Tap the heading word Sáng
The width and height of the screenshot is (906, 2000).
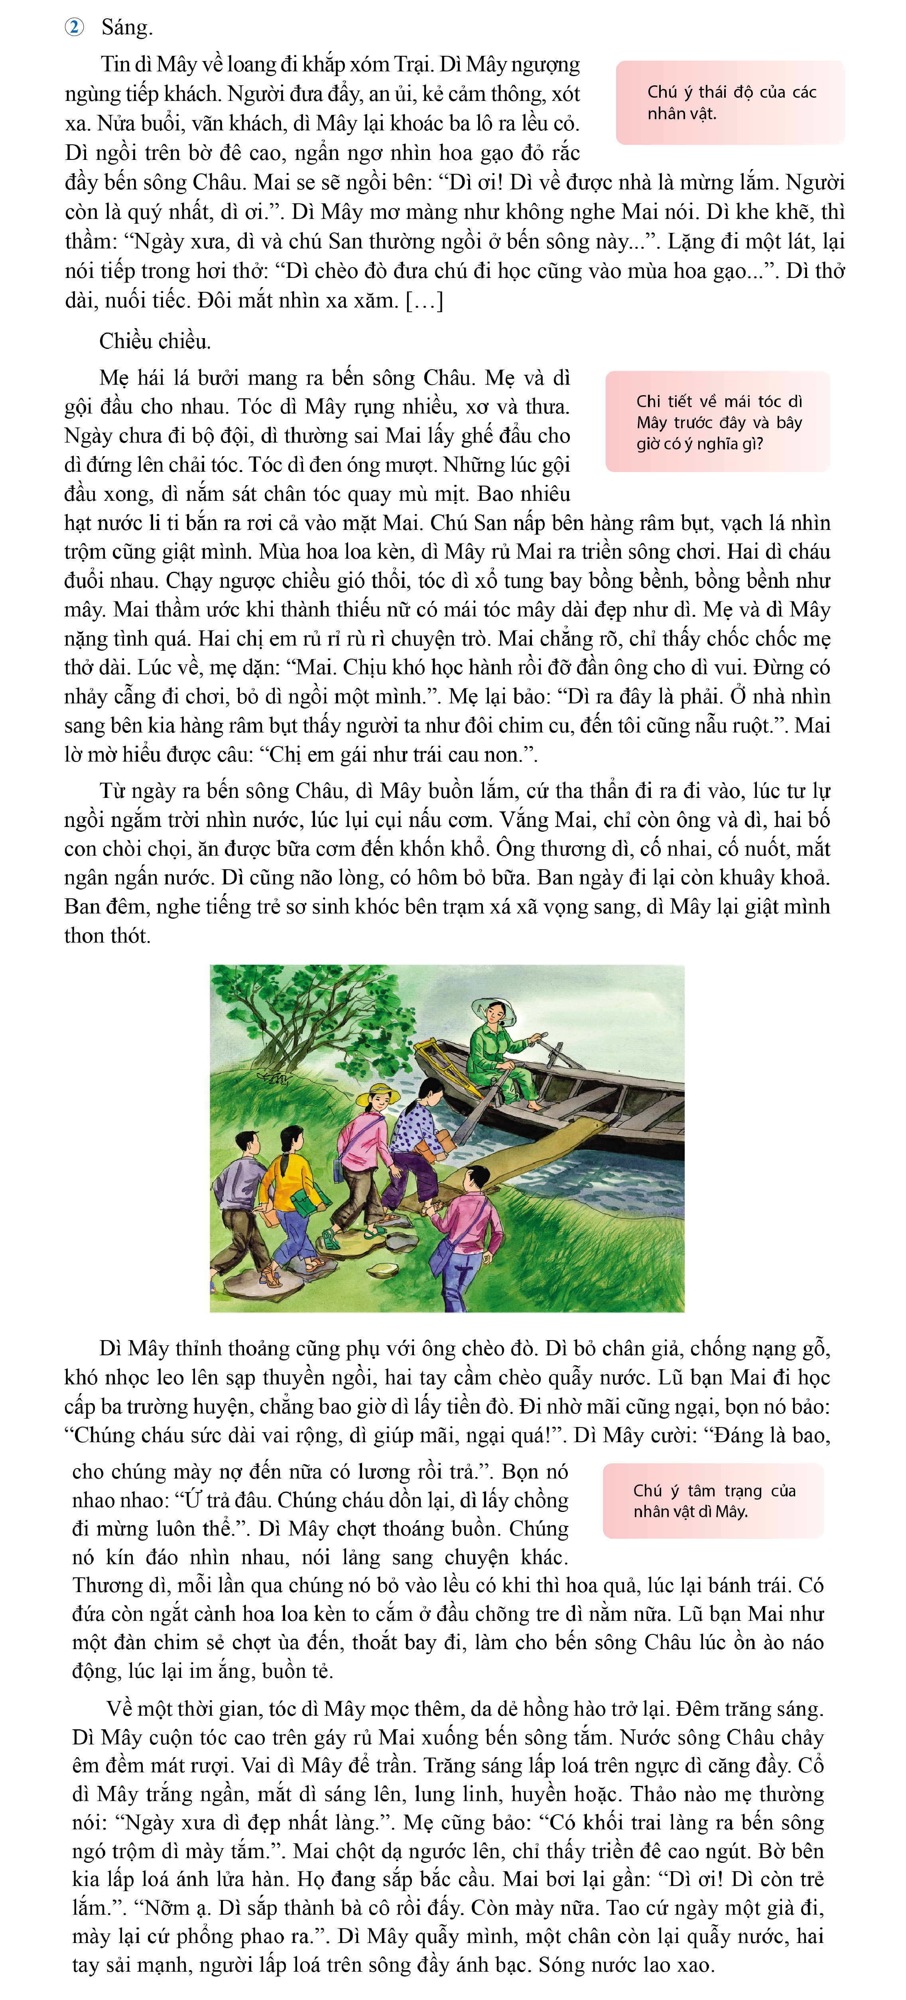coord(126,28)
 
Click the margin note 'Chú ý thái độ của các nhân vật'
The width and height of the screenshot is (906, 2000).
coord(730,102)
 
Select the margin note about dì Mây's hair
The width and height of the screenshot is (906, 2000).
coord(717,421)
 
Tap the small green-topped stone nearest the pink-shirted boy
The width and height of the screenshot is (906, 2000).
coord(382,1271)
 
